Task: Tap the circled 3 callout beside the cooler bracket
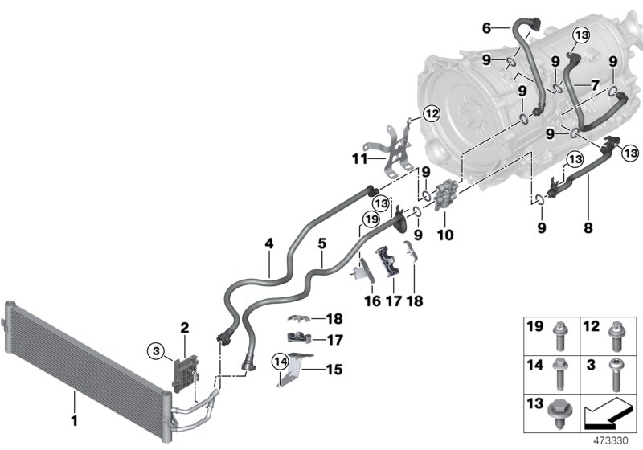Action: [156, 349]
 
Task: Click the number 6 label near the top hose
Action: [485, 28]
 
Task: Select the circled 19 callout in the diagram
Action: [370, 217]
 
